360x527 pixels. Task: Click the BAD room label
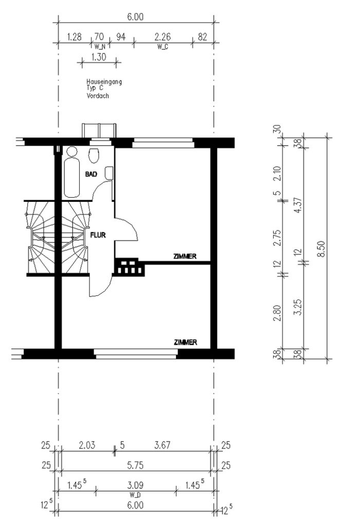[91, 174]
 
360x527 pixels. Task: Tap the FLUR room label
[98, 235]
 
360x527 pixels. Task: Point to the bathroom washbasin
[109, 173]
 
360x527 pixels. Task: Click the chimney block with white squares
[129, 267]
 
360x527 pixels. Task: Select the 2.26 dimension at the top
[163, 37]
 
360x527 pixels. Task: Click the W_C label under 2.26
[163, 47]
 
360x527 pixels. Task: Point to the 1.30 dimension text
[98, 57]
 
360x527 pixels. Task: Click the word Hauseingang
[104, 82]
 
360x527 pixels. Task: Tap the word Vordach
[98, 96]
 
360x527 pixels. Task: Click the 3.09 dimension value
[135, 485]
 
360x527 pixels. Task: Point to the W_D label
[135, 495]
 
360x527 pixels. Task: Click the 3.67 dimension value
[162, 445]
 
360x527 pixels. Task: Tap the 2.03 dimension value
[87, 445]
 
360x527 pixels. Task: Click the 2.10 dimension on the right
[277, 173]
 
